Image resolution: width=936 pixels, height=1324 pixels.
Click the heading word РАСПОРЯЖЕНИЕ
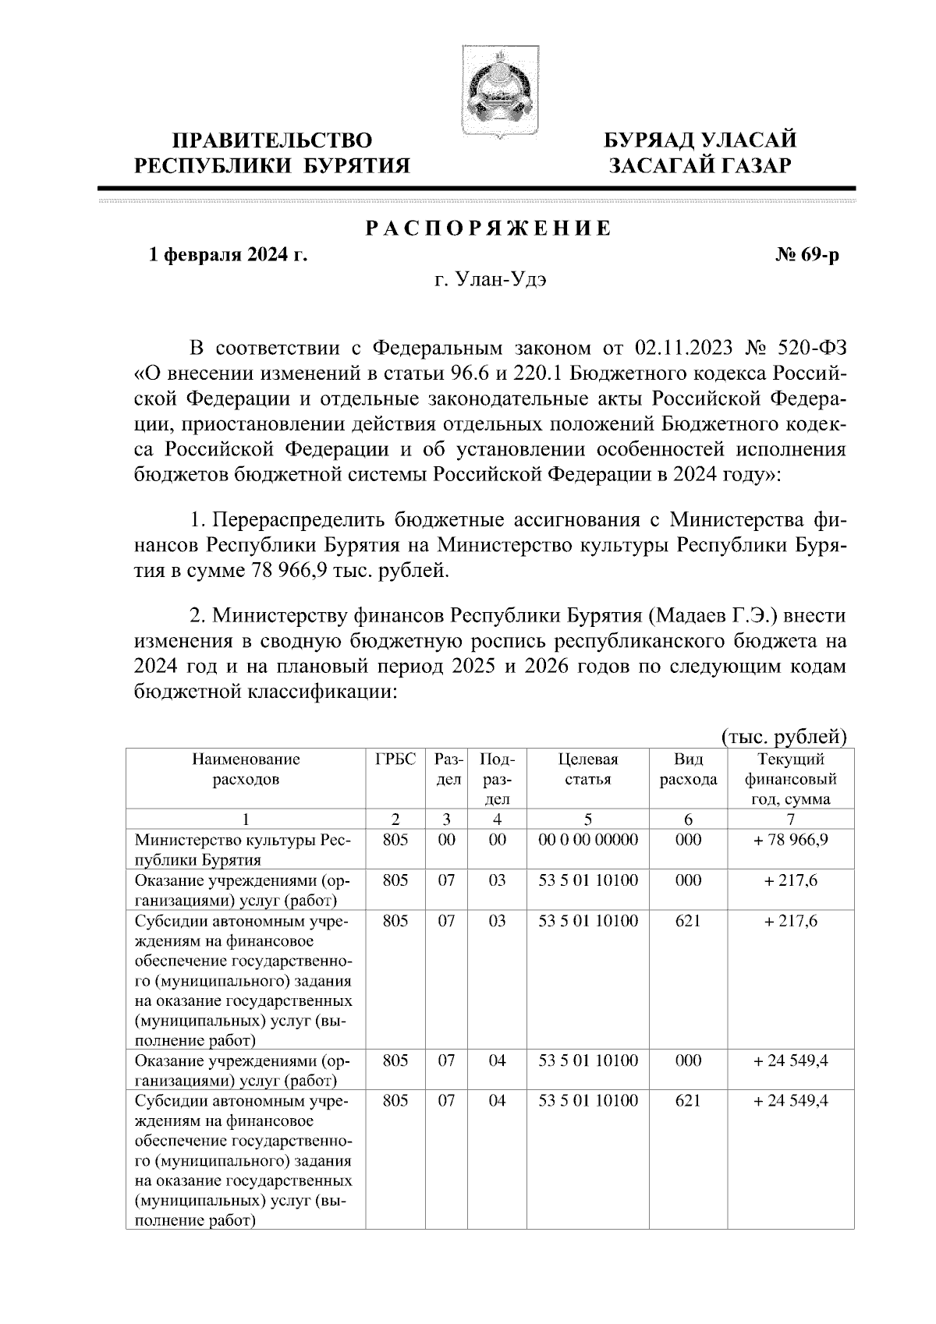click(489, 228)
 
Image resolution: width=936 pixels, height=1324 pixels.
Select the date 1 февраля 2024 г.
click(229, 255)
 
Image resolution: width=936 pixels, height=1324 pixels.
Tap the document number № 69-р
click(803, 255)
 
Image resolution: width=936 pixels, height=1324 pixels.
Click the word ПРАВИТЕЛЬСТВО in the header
click(272, 140)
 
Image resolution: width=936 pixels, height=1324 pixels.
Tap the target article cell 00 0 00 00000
click(588, 840)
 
